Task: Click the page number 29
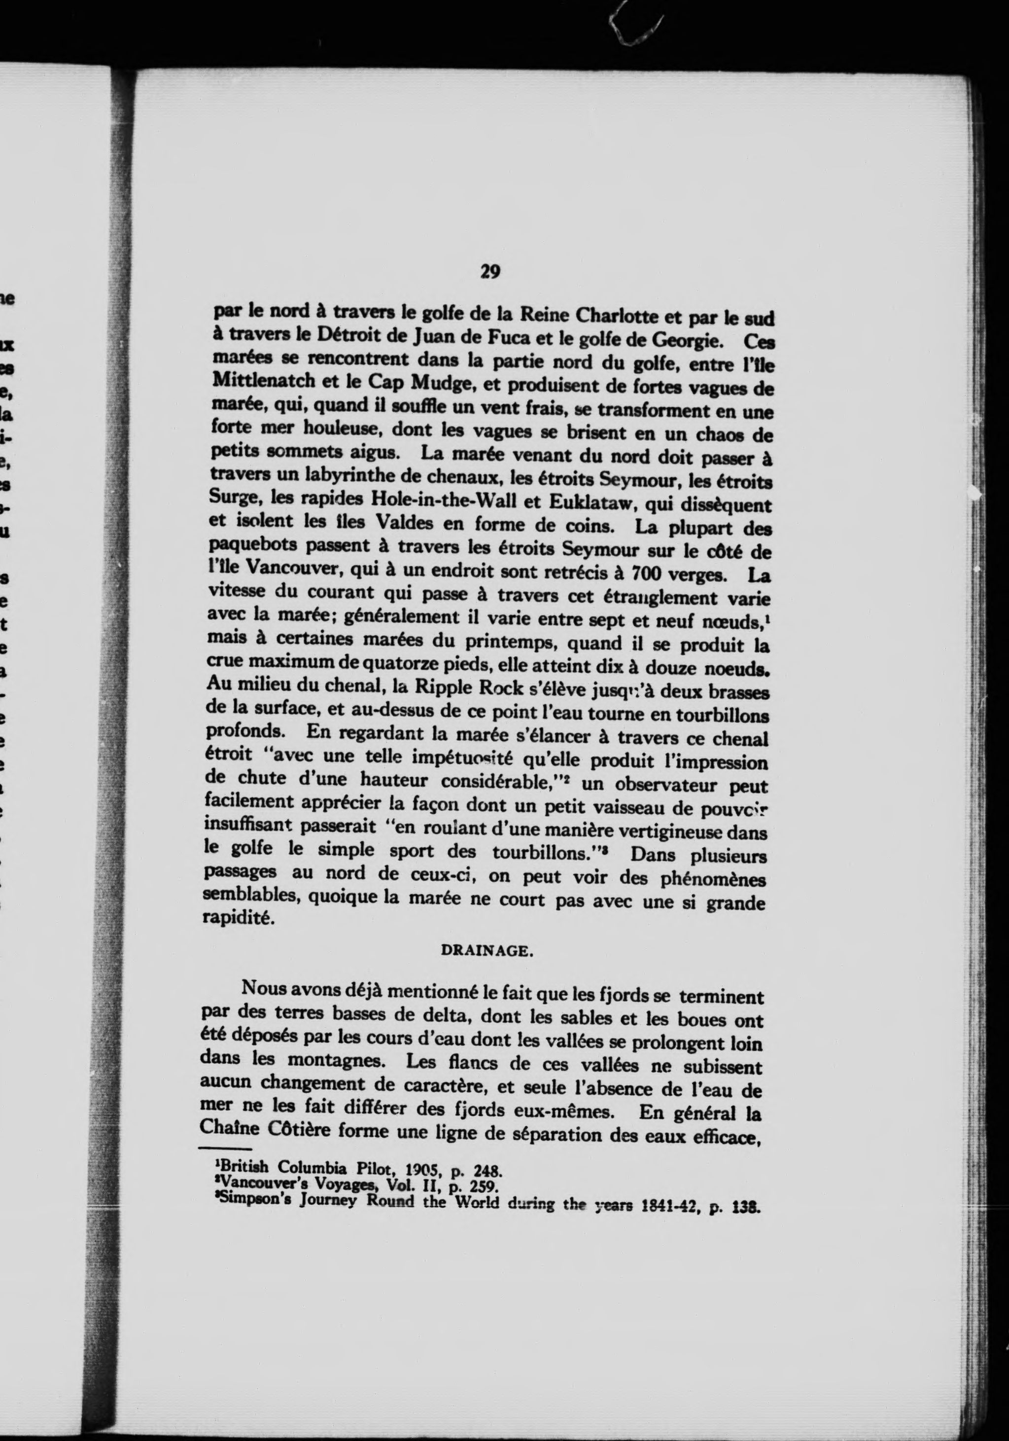click(489, 271)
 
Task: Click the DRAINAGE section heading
click(487, 951)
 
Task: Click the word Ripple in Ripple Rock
click(444, 688)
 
